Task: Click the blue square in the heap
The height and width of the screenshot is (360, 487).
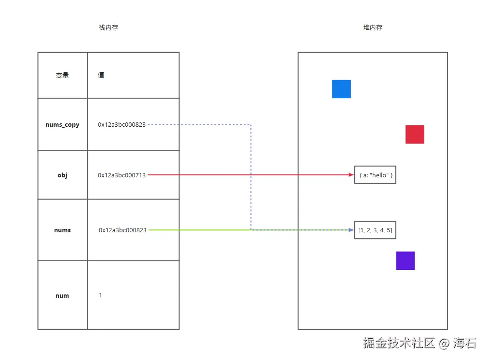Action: pos(341,89)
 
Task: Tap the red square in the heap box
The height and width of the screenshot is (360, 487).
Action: pos(415,134)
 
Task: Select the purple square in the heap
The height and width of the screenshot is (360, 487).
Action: pos(406,261)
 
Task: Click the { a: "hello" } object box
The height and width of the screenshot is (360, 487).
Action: pos(375,175)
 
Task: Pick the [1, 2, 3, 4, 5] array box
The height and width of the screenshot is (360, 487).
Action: pos(375,230)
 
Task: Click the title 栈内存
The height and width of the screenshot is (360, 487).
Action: pos(108,28)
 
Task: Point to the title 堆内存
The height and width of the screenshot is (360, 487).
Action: pos(373,28)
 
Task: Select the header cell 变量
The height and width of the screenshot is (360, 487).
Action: pos(63,76)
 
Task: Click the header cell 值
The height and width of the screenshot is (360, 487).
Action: pos(101,75)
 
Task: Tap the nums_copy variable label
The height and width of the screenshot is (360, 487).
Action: pos(62,125)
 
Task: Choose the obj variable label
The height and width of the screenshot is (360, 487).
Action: pos(62,175)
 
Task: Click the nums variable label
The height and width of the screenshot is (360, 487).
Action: pos(62,230)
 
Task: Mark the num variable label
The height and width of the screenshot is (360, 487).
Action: pos(62,296)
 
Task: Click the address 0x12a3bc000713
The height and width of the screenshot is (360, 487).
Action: pos(122,175)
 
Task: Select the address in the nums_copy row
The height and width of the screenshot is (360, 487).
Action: pos(122,125)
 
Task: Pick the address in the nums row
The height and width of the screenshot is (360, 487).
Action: pos(122,230)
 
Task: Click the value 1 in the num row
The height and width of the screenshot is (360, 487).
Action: pos(100,295)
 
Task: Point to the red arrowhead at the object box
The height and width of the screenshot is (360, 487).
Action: pos(352,175)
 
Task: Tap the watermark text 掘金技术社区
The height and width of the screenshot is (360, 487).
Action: pos(399,343)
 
